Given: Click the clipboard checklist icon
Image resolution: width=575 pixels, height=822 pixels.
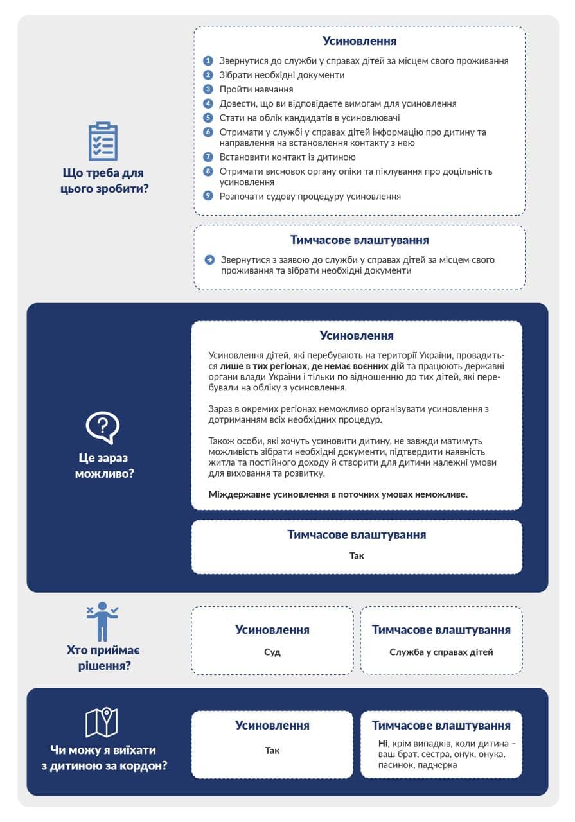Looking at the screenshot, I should coord(103,141).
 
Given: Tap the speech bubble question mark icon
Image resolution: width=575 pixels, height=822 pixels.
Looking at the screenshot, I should coord(103,427).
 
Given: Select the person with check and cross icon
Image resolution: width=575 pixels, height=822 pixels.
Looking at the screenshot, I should coord(103,620).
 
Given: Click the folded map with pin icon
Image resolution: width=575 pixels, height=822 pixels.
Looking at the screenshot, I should coord(102,722).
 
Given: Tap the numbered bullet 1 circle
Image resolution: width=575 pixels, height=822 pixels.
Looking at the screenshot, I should coord(208,61).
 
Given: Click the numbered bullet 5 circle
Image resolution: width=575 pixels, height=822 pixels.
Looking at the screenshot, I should coord(208,118).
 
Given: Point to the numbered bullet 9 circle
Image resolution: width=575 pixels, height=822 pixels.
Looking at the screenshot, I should coord(208,196).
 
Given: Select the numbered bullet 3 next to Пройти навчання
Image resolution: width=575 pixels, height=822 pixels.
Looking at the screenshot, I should coord(208,89).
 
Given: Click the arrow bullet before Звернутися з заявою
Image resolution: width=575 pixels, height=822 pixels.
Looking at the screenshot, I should coord(210,260).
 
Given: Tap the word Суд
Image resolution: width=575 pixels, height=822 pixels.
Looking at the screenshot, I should coord(272,652).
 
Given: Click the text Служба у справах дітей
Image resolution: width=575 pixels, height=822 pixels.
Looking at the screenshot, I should coord(441,652).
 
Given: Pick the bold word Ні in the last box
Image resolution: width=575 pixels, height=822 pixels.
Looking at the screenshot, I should coord(384,744).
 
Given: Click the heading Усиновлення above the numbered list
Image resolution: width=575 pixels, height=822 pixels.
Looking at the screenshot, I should coord(360,41).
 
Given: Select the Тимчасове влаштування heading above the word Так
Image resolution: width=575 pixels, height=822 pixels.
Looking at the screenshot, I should coord(357,534).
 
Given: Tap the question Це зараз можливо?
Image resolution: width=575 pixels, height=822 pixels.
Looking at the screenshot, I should coord(103,466).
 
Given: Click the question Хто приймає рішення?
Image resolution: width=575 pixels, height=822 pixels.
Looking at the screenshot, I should coord(103,658).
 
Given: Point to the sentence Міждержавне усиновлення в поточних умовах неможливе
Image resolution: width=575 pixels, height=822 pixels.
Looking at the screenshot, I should coord(339,494).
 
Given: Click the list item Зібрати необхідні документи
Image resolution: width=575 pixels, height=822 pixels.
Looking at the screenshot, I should coord(282,75).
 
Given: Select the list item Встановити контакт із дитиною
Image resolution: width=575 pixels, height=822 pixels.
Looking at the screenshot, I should coord(288,157).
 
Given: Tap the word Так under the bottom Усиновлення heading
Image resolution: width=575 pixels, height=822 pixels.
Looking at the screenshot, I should coord(272,750).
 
